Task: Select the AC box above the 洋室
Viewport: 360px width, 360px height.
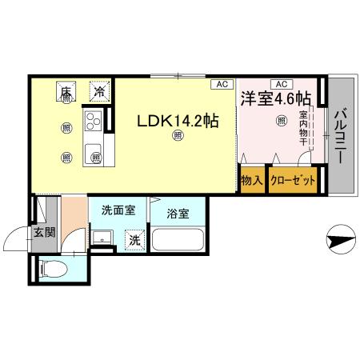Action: [x=280, y=83]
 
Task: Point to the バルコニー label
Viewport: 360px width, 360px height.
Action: [x=340, y=136]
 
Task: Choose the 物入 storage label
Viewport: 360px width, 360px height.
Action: [x=254, y=182]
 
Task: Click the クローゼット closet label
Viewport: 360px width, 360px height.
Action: [x=292, y=182]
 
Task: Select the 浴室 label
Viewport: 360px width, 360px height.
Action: [x=178, y=214]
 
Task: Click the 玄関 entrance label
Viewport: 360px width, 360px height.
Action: [x=43, y=234]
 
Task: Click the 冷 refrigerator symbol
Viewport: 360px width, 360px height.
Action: [x=99, y=92]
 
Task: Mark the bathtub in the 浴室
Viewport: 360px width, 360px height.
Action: [x=178, y=239]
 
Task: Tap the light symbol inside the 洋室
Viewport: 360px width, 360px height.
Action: [x=281, y=122]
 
